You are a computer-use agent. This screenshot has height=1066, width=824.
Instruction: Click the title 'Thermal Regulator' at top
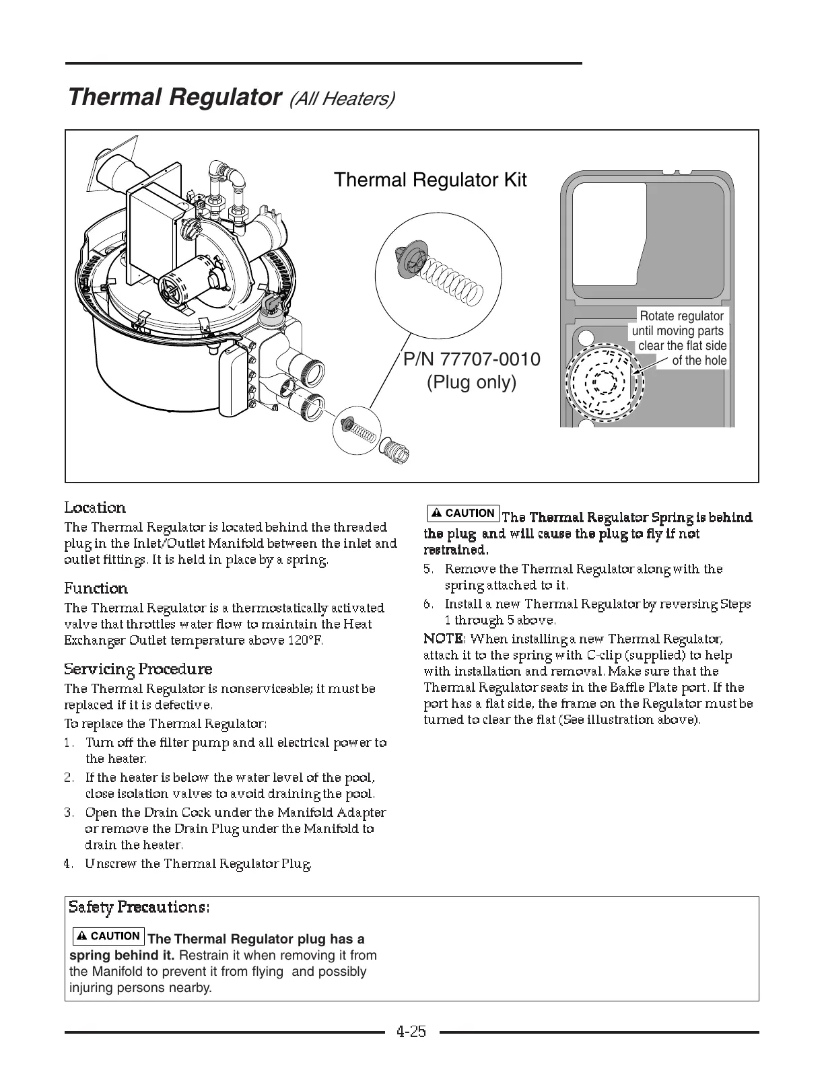[174, 98]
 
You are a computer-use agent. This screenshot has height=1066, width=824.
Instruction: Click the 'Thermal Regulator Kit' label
[430, 180]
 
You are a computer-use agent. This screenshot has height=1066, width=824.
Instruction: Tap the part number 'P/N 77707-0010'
[471, 359]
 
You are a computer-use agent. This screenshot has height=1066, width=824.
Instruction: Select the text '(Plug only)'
[471, 382]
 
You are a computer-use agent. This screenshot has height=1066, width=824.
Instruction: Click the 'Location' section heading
[95, 508]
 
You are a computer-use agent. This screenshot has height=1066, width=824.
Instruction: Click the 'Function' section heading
[96, 589]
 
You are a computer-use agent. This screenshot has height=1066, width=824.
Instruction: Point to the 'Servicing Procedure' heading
[138, 670]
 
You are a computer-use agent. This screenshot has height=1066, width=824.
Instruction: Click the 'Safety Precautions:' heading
[139, 907]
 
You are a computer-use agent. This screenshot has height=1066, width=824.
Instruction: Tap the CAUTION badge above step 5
[463, 513]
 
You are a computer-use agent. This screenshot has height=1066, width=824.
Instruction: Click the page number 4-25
[411, 1032]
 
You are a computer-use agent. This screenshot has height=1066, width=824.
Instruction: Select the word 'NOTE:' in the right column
[444, 639]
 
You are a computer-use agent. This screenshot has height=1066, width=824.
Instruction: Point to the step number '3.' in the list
[69, 813]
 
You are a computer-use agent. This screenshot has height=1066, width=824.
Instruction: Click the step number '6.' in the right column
[428, 604]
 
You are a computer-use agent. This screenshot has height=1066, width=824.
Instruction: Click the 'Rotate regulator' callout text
[681, 316]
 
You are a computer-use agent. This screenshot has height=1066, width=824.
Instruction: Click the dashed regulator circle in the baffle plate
[604, 382]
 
